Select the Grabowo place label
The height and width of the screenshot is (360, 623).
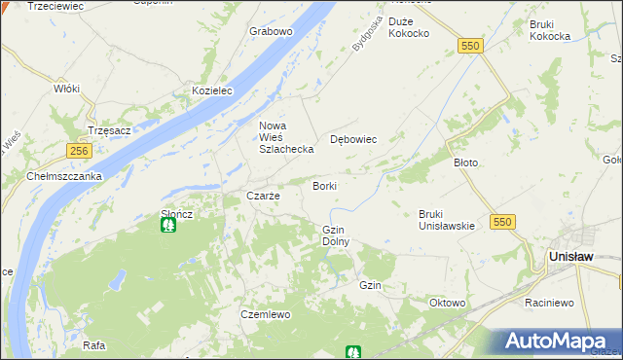coord(271,31)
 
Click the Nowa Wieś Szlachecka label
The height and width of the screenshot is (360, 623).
coord(285,137)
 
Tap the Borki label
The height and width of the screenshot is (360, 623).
coord(324,185)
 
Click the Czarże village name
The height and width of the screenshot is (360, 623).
coord(263,196)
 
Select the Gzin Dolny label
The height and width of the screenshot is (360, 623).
coord(335,234)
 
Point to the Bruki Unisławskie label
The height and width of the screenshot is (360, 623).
coord(447,220)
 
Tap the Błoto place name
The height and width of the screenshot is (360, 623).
coord(465,162)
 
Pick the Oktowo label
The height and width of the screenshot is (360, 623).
coord(447,303)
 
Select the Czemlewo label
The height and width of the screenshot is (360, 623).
coord(266,314)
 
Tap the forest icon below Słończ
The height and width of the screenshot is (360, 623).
coord(168,226)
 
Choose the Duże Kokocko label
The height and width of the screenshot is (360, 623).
coord(409,27)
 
